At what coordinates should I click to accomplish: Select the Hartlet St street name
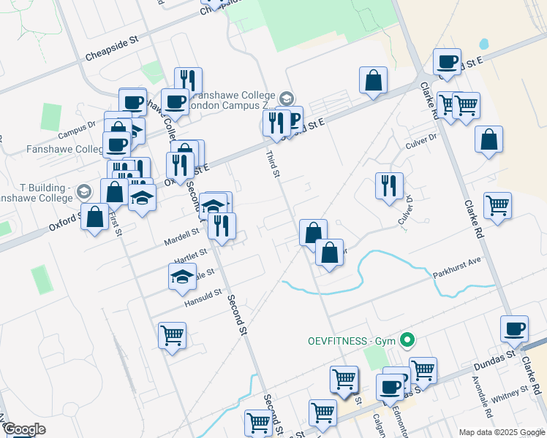[x=191, y=256]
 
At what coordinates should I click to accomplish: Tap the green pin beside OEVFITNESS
[x=409, y=340]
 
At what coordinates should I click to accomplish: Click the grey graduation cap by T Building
[x=84, y=191]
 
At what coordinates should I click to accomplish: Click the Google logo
[x=24, y=429]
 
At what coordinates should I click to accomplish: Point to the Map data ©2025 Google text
[x=502, y=432]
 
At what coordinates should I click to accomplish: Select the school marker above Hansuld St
[x=182, y=277]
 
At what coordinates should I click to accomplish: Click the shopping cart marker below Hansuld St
[x=172, y=336]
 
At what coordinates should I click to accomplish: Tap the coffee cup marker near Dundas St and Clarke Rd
[x=514, y=328]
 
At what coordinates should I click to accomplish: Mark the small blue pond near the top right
[x=483, y=44]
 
